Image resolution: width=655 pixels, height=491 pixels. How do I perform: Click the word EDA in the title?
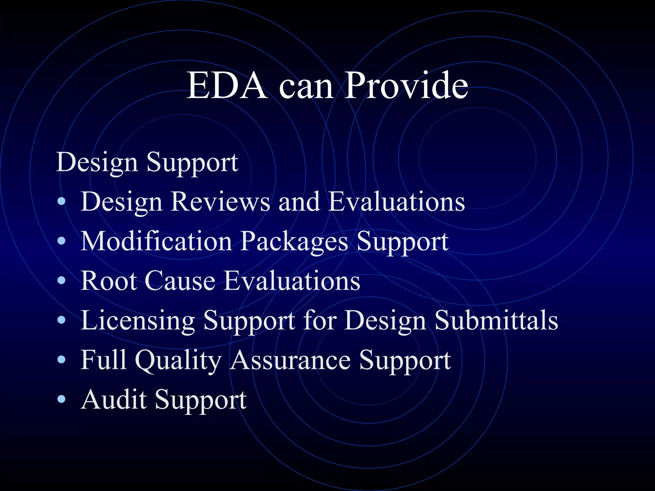[227, 86]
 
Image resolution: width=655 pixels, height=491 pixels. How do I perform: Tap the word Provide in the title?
[406, 86]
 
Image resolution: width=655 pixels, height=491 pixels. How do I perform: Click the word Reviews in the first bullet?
[220, 202]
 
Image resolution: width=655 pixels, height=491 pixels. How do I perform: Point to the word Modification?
[156, 241]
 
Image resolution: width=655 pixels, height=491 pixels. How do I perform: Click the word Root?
[108, 281]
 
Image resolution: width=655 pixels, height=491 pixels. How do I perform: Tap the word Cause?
[180, 281]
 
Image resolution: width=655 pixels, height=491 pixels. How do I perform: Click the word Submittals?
[496, 320]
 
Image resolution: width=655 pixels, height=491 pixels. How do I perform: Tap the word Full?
[103, 360]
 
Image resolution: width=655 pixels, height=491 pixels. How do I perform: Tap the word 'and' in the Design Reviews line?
[299, 202]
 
